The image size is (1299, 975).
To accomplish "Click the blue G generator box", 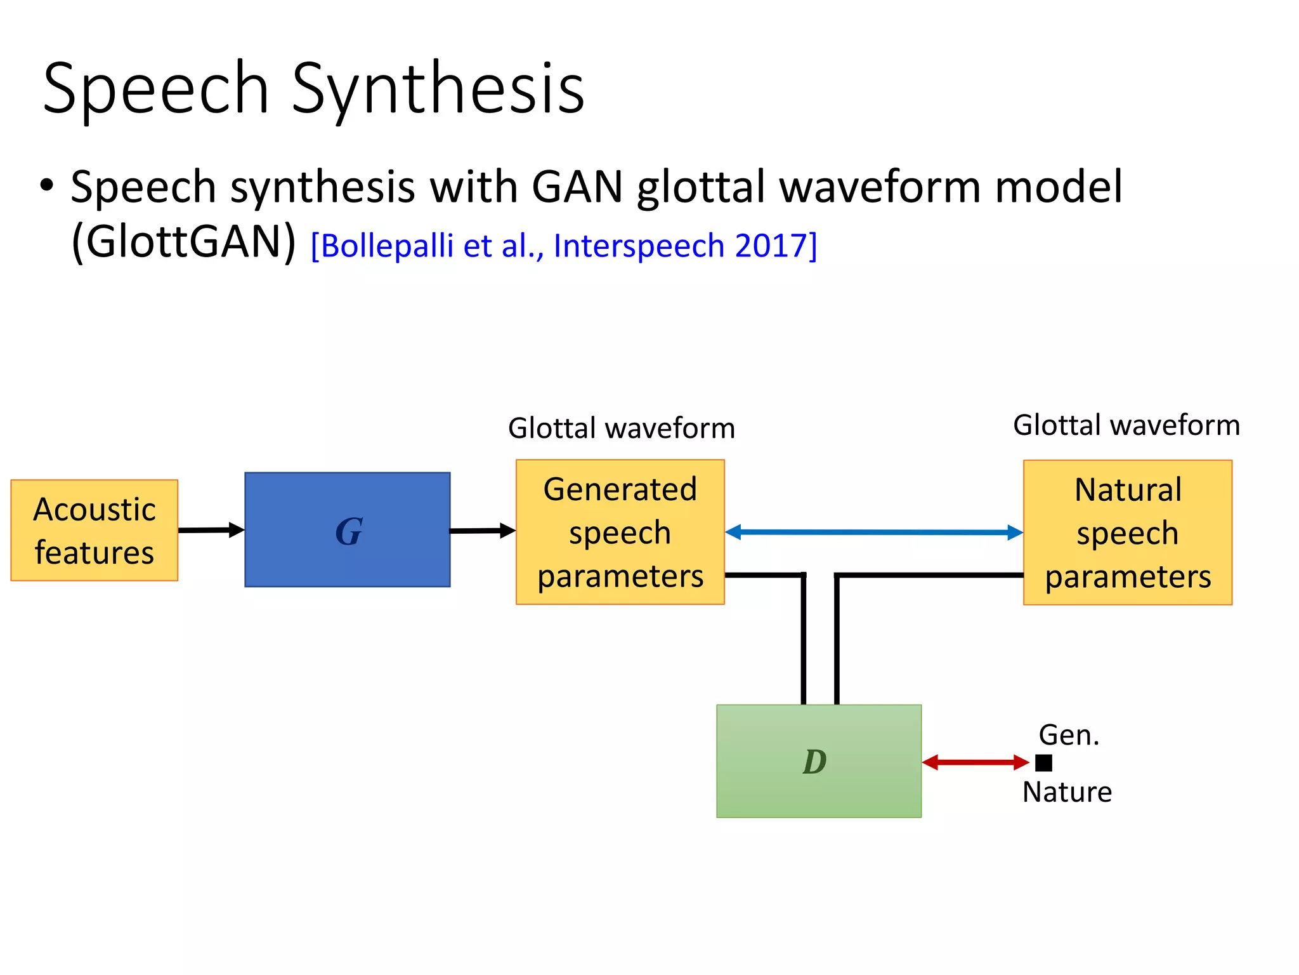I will [348, 529].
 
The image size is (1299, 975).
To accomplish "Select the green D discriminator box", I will [818, 760].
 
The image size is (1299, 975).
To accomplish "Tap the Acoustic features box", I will [95, 530].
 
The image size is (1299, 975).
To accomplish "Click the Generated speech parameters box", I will [620, 532].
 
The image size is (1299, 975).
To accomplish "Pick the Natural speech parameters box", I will [1127, 532].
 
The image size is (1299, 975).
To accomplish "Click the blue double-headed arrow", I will [873, 532].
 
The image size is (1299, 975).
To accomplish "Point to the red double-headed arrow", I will [975, 762].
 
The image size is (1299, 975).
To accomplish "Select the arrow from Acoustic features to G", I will [211, 529].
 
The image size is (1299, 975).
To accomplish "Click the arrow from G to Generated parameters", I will [482, 530].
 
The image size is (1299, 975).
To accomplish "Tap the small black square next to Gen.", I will [1043, 762].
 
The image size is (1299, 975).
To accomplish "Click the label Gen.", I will [1068, 735].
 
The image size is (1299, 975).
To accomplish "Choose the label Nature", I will [1067, 792].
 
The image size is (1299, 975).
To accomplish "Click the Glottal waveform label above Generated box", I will [621, 428].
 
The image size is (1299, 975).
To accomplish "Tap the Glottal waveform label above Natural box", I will [1126, 425].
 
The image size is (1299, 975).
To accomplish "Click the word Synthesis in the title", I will [438, 89].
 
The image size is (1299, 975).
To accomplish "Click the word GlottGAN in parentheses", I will [184, 242].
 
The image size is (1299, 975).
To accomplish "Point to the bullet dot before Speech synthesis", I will [46, 186].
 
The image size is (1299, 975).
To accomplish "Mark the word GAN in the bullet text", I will [577, 187].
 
